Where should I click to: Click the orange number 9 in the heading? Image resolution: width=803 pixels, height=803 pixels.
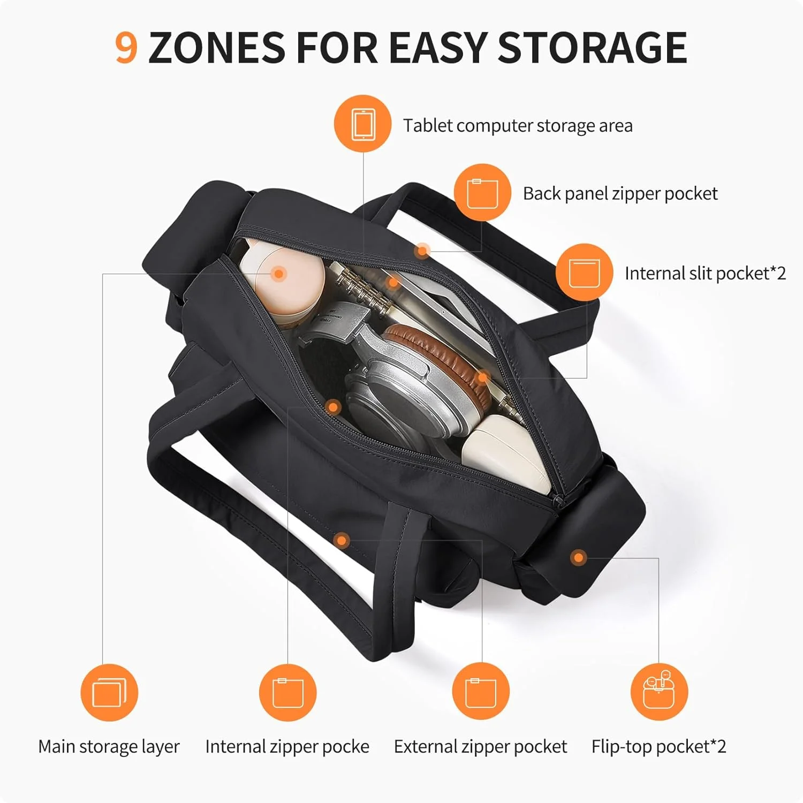click(126, 47)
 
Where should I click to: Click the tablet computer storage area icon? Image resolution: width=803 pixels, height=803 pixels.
click(363, 124)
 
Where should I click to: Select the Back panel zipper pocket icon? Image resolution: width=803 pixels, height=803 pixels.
click(482, 193)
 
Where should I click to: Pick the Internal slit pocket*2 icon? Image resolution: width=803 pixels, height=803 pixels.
click(584, 272)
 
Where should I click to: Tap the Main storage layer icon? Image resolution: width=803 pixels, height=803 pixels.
click(109, 692)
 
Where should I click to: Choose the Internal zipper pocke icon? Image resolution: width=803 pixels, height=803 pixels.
click(288, 692)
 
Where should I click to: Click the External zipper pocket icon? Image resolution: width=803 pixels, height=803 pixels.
click(481, 691)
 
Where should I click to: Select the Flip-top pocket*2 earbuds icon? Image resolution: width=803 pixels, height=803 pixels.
click(659, 691)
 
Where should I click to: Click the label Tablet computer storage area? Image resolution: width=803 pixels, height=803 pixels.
click(518, 126)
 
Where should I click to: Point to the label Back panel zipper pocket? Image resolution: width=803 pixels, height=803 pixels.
click(620, 194)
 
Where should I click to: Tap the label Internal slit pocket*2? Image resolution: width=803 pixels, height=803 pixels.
click(705, 274)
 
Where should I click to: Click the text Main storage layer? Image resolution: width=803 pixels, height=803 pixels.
click(109, 747)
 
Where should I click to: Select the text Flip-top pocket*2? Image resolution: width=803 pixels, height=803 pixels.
click(658, 747)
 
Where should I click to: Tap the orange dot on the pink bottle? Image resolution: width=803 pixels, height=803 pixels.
click(278, 274)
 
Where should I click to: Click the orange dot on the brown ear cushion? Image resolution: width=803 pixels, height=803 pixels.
click(483, 378)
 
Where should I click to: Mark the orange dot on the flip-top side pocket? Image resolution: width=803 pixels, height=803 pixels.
click(578, 558)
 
